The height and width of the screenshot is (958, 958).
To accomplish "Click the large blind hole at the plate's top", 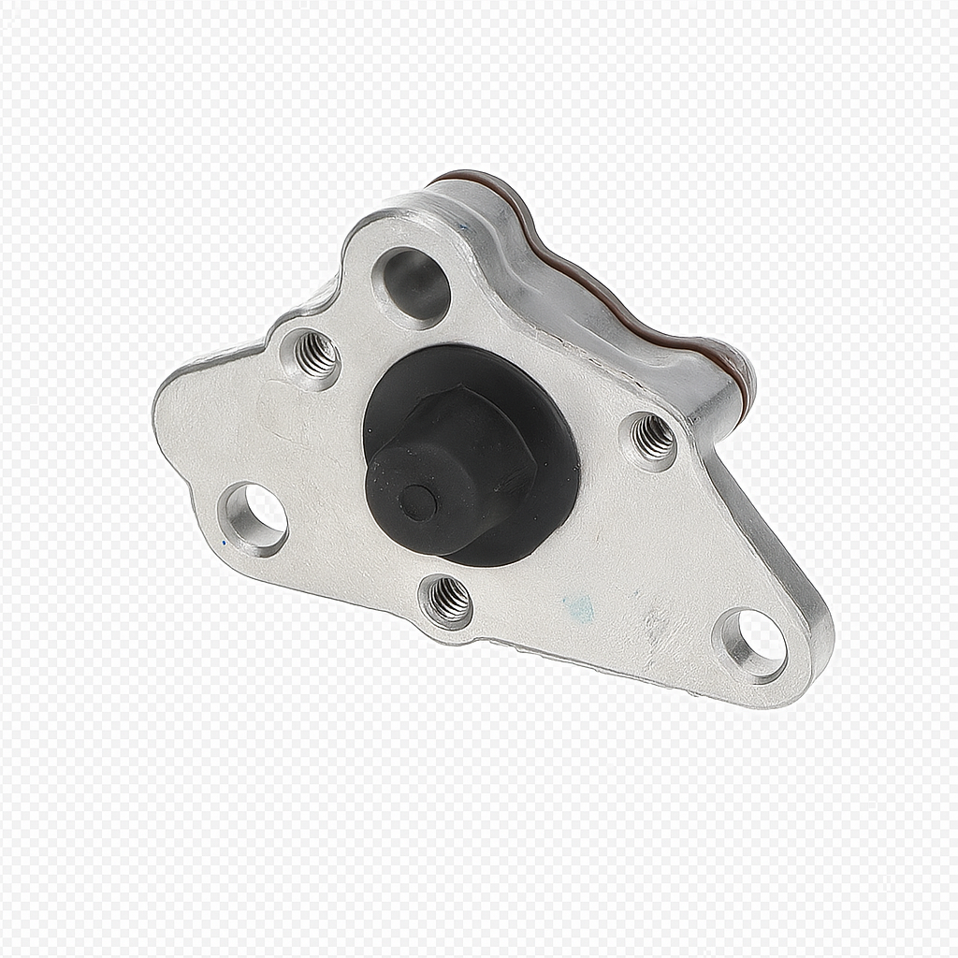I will [413, 285].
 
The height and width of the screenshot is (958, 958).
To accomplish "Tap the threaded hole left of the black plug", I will [315, 354].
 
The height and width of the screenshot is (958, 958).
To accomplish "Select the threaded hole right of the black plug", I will [653, 437].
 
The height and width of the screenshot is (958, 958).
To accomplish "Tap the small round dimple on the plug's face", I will [417, 503].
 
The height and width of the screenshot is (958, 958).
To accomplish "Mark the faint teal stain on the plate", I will [579, 609].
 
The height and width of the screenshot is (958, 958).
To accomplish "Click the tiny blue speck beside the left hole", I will [224, 541].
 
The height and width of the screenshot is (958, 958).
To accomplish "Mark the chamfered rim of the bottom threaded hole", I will [432, 613].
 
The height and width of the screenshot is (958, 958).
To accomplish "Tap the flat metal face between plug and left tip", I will [271, 430].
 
